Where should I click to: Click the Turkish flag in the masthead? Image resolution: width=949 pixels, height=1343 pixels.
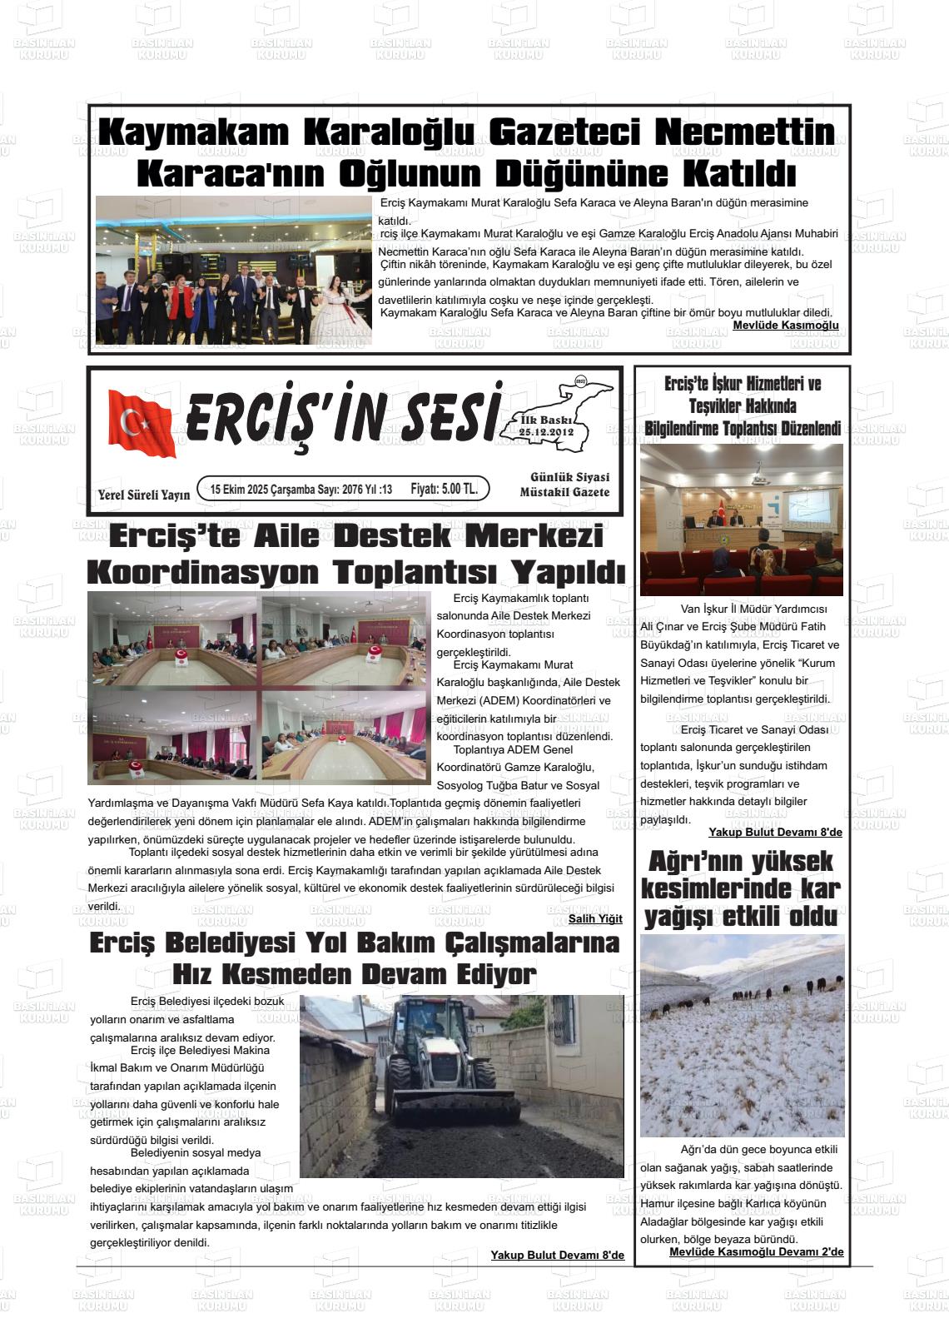[142, 423]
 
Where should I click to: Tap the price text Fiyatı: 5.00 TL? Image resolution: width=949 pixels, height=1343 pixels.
[444, 490]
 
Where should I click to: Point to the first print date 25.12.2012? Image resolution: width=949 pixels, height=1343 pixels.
[546, 433]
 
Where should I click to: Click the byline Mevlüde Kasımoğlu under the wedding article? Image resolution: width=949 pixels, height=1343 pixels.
[785, 325]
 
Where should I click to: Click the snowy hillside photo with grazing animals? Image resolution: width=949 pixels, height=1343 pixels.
[742, 1035]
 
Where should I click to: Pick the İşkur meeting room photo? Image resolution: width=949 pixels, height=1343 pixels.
[741, 519]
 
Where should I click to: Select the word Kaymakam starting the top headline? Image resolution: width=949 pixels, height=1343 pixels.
[194, 132]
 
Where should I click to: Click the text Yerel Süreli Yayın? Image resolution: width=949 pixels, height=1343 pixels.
[144, 495]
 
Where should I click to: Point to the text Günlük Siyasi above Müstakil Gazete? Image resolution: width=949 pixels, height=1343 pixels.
[569, 477]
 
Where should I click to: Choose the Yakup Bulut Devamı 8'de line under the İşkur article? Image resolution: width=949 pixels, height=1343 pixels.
[775, 832]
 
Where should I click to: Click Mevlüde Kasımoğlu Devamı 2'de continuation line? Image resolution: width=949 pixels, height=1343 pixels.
[756, 1251]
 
